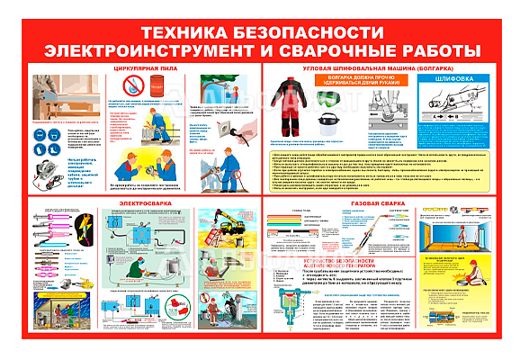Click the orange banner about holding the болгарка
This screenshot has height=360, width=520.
pos(354,79)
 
